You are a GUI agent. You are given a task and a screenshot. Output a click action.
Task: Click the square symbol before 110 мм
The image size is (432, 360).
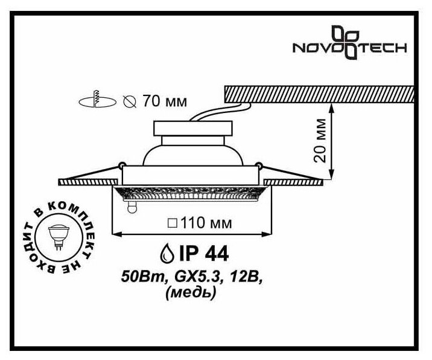pyautogui.click(x=172, y=223)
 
